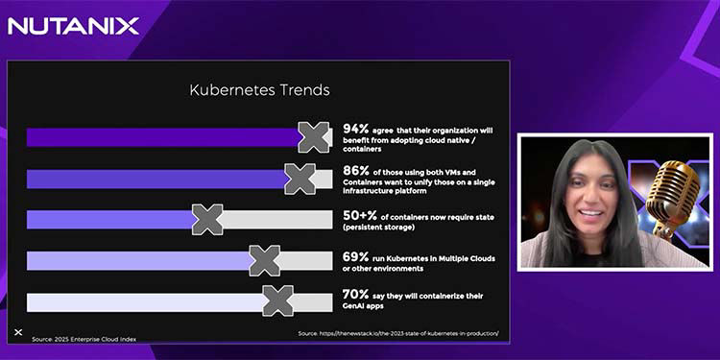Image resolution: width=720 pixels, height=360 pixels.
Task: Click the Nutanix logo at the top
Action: point(74,26)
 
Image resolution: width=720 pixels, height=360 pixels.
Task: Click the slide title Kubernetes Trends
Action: point(259,90)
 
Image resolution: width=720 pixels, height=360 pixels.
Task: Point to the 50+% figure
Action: point(360,217)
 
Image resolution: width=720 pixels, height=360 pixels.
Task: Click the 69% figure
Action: point(356,256)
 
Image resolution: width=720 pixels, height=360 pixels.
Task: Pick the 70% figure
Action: point(356,294)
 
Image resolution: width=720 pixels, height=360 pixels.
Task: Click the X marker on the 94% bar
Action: point(314,137)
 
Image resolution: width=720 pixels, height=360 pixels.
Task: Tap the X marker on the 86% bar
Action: point(300,179)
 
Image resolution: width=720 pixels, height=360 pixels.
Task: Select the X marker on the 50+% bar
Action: point(207,220)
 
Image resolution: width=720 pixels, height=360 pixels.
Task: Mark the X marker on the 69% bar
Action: point(265,260)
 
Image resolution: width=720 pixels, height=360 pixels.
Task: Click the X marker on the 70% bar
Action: point(278,301)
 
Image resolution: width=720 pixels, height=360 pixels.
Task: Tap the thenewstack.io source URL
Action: point(397,333)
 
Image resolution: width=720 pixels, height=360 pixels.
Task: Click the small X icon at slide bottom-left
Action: point(18,332)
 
